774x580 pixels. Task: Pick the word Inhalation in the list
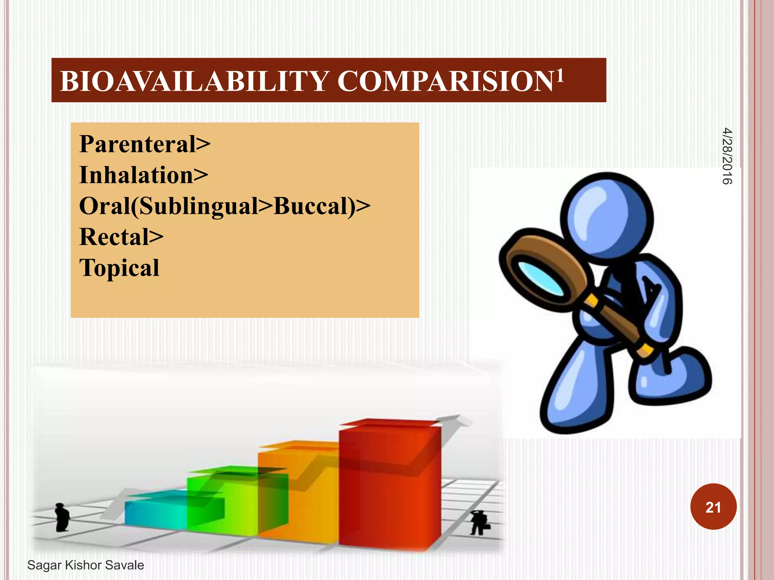point(136,175)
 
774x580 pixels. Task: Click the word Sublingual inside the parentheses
point(198,206)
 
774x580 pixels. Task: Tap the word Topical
point(119,268)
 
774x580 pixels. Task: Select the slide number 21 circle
point(713,507)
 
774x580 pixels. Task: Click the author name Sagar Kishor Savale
point(86,565)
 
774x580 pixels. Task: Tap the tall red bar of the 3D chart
point(389,487)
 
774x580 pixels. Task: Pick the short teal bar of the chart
point(155,512)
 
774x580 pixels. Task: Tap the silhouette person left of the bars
point(61,517)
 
